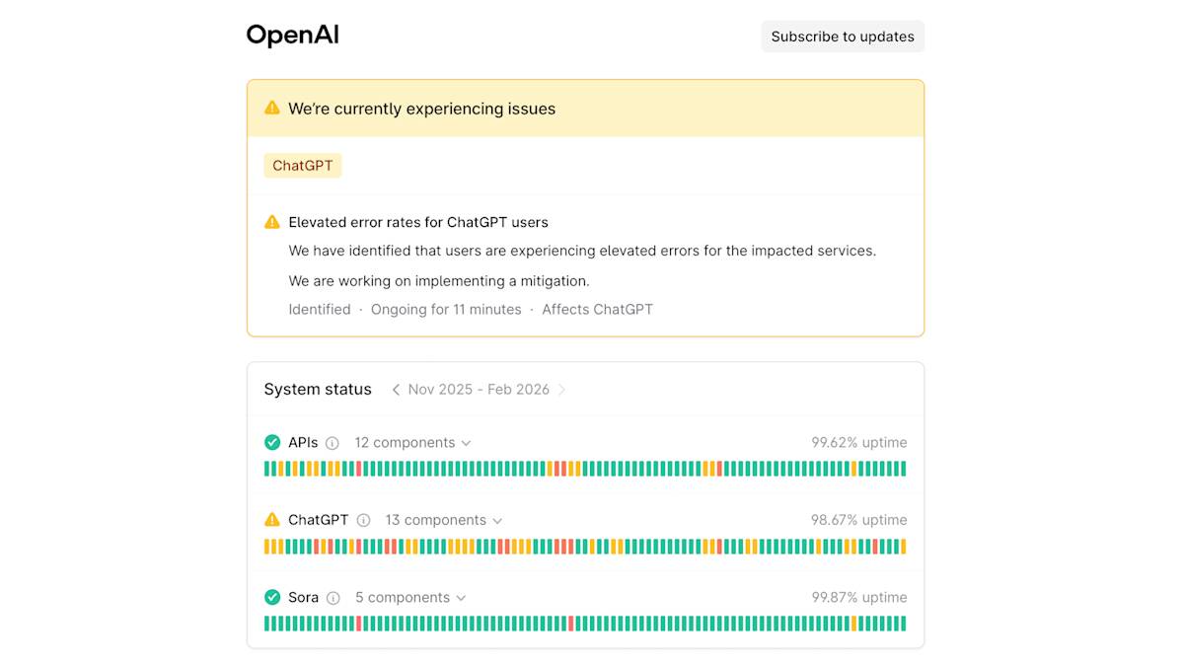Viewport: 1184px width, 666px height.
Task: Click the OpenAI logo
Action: (292, 36)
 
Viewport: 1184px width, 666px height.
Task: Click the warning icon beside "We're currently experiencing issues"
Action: (272, 109)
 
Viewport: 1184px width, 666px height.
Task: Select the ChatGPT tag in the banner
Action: (302, 166)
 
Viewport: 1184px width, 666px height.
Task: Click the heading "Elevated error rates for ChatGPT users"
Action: (418, 222)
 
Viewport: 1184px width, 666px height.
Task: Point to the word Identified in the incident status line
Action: (320, 309)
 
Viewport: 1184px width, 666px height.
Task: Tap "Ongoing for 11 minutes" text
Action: (446, 309)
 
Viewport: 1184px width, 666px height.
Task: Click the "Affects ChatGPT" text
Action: (597, 309)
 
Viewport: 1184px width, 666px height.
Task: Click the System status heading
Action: (318, 389)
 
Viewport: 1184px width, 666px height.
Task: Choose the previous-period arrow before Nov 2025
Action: (396, 390)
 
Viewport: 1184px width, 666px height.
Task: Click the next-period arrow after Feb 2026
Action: (562, 390)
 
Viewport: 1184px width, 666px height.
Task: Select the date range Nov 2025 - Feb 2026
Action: (479, 389)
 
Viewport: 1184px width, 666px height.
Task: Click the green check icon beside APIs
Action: (272, 442)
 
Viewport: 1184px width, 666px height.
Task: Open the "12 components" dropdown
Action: (412, 442)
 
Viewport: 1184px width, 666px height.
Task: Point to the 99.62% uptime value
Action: (858, 442)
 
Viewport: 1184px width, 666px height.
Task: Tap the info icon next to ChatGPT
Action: (363, 520)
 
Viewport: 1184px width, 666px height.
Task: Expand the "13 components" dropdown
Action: (444, 520)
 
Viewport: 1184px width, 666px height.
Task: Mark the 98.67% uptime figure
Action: (858, 520)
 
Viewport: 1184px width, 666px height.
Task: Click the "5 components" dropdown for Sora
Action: (410, 597)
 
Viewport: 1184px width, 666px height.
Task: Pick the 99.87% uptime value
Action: (858, 597)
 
